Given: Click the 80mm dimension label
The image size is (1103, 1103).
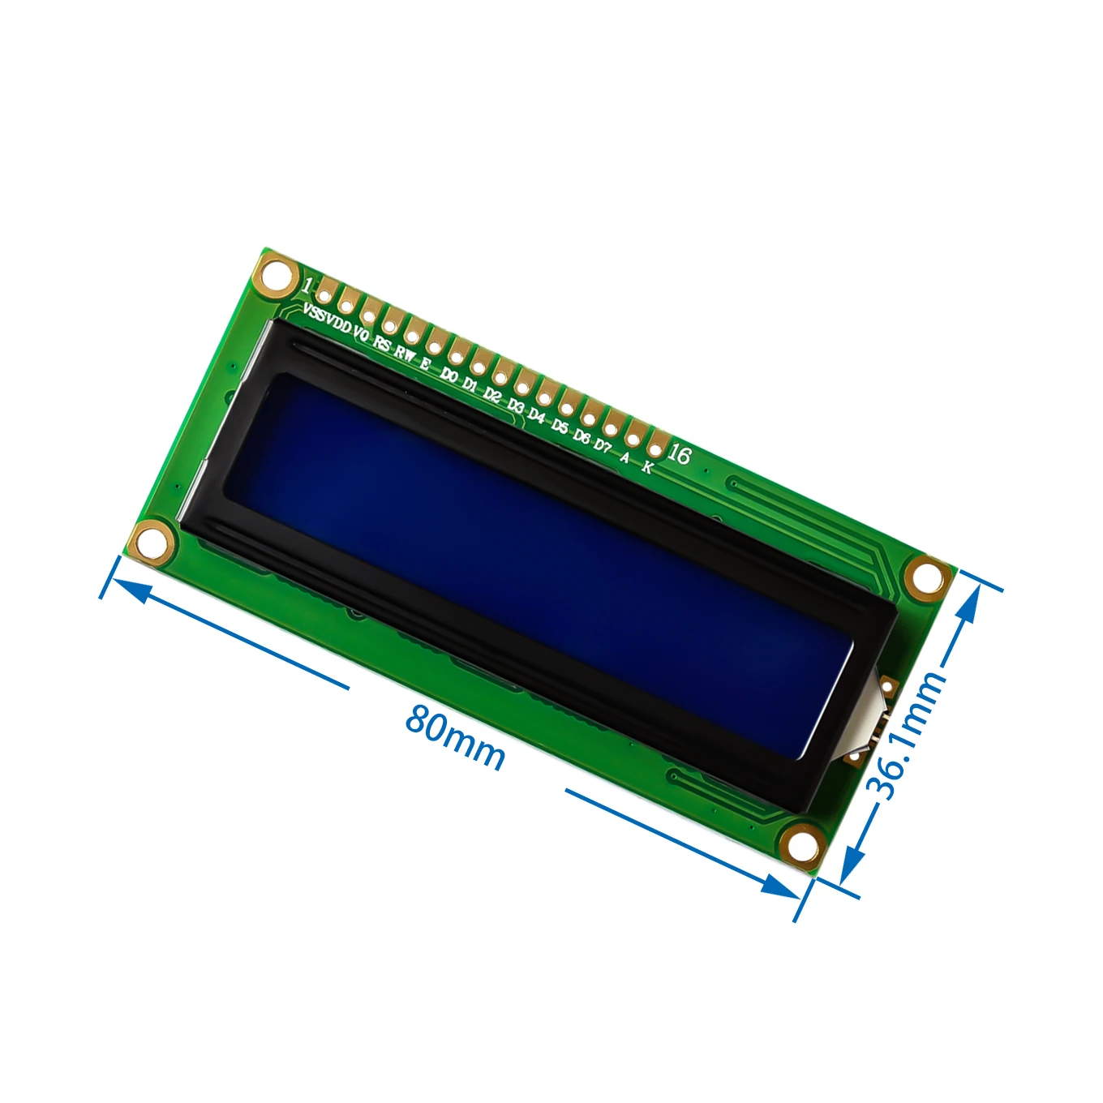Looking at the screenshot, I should [x=456, y=736].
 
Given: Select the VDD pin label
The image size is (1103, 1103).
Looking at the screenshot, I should [x=337, y=325].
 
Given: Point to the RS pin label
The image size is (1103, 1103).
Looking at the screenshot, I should [x=382, y=344].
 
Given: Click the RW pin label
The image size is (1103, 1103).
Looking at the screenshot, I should [x=405, y=354].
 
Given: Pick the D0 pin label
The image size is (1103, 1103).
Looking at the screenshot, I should [x=449, y=375].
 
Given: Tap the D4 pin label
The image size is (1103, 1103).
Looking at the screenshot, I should [x=537, y=415].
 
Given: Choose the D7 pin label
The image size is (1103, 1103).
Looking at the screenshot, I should [x=602, y=445].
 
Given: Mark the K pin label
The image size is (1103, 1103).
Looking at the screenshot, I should [x=647, y=467].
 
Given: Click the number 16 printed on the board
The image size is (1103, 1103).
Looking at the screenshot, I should [x=680, y=455].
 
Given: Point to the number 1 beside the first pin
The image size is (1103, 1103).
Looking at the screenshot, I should [x=306, y=285].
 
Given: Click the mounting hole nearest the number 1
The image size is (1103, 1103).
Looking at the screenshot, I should [x=277, y=272].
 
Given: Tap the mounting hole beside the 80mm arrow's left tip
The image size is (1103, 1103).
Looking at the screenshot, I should [x=152, y=541].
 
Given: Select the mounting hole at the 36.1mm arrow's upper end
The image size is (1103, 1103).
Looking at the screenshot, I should [x=925, y=577].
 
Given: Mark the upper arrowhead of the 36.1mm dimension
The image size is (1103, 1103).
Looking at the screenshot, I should [x=969, y=599].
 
